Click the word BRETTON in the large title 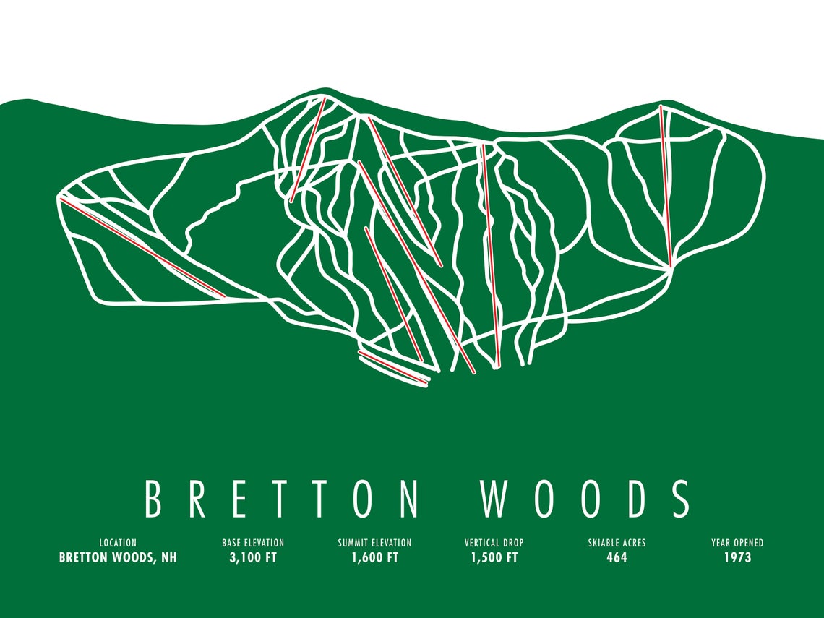coord(282,498)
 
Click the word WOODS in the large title coord(585,498)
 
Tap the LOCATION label coord(118,543)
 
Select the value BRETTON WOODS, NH coord(118,558)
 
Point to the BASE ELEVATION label coord(253,543)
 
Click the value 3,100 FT coord(253,558)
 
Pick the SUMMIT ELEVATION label coord(374,543)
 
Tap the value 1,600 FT coord(374,558)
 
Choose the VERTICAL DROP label coord(494,543)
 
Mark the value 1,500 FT coord(494,558)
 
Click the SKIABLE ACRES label coord(617,543)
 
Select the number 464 coord(617,558)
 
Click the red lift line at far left coord(143,246)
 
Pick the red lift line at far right coord(666,186)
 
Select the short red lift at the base coord(394,369)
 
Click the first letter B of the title coord(153,498)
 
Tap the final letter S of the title coord(680,498)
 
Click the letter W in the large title coord(495,498)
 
